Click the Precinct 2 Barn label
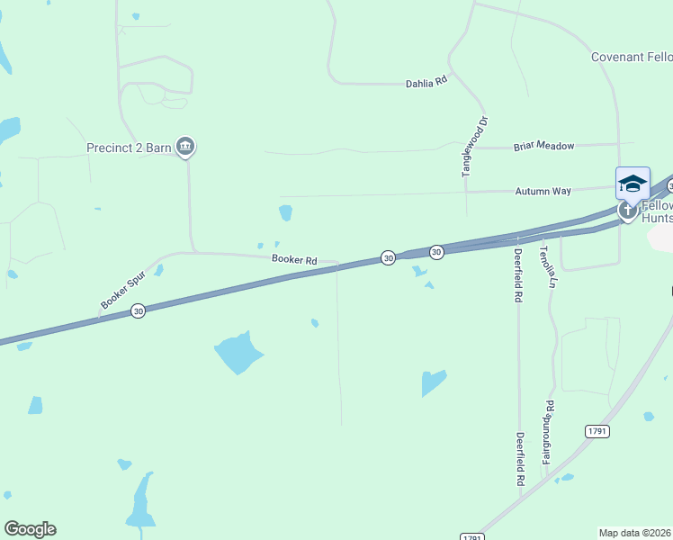coord(128,148)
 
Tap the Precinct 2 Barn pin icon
coord(185,146)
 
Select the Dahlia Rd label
coord(426,82)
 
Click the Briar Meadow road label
coord(543,146)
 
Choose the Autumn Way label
coord(543,192)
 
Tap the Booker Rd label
coord(294,260)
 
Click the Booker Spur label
coord(121,293)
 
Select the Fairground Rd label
coord(547,433)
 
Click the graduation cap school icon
coord(633,184)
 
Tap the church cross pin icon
coord(628,211)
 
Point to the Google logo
coord(30,529)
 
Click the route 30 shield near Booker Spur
coord(138,310)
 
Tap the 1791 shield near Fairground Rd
coord(597,431)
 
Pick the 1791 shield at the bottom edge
coord(471,536)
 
